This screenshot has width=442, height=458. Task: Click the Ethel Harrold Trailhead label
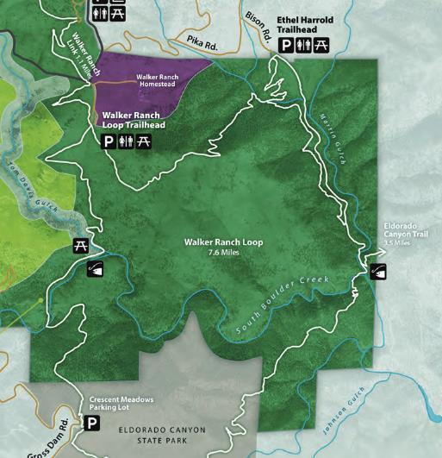pos(304,24)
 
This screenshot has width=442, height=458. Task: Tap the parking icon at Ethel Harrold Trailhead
pos(286,47)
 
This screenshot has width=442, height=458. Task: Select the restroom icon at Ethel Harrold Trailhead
pos(303,47)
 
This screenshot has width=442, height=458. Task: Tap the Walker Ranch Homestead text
pos(155,79)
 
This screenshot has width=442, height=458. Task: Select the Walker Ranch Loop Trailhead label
pos(134,120)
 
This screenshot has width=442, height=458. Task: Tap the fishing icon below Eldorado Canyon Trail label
pos(377,272)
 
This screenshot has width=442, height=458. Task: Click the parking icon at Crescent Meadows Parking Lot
pos(91,423)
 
